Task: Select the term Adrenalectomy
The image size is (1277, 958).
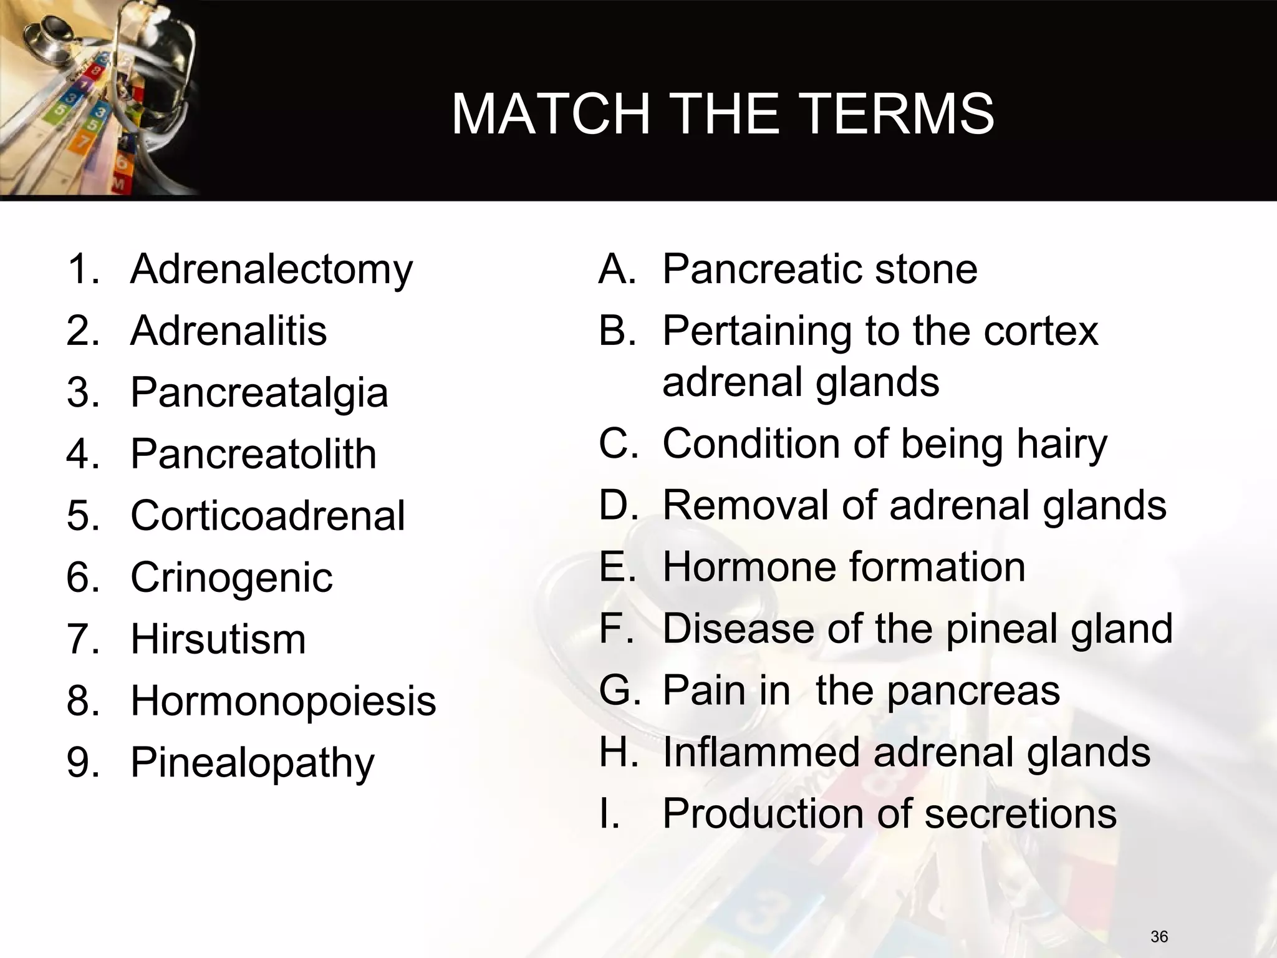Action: coord(271,269)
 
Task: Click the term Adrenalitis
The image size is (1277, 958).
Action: coord(228,331)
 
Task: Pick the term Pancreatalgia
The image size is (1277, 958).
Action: coord(259,393)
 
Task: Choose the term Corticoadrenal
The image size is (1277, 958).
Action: coord(267,516)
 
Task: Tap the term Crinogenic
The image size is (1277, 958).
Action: coord(231,578)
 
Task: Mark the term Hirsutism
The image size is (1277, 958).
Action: coord(218,639)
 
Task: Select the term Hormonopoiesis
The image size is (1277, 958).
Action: coord(283,700)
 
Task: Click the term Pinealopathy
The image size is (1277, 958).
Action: coord(253,763)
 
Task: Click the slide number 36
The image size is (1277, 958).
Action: coord(1159,936)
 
